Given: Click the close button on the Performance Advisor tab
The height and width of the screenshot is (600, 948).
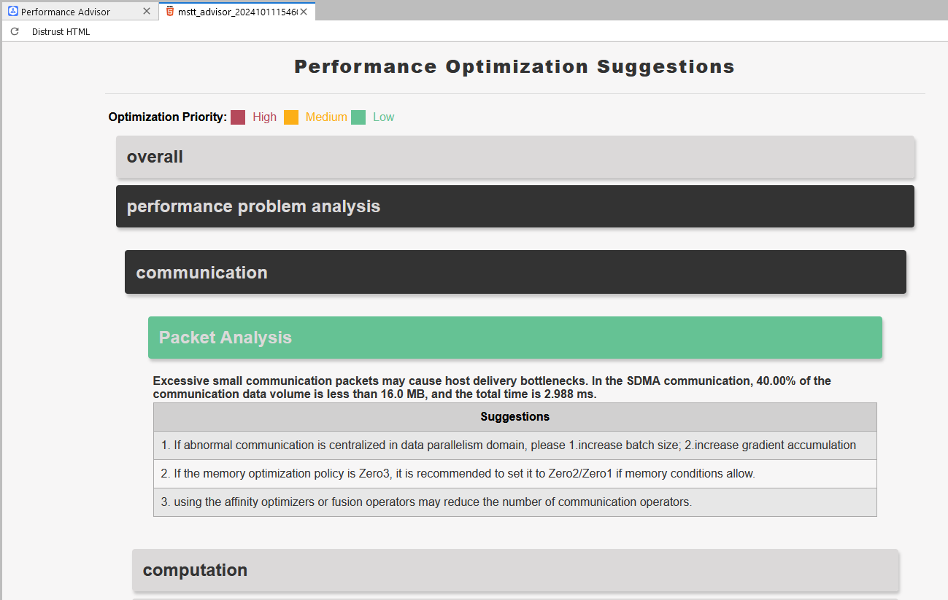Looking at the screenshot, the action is (147, 12).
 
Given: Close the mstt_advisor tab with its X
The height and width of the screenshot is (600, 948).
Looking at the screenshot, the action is (304, 12).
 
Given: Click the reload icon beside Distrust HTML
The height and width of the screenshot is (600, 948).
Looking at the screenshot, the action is (15, 31).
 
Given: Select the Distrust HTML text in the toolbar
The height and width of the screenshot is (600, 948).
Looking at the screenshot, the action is (61, 31).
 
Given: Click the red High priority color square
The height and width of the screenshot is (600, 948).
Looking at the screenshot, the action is (238, 117).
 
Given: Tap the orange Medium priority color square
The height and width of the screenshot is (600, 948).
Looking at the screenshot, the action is (291, 117).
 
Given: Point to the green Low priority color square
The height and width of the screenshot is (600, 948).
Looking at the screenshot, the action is (358, 117).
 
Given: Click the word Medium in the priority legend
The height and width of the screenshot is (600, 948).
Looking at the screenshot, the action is (326, 117).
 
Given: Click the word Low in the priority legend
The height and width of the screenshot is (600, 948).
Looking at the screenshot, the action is (383, 117).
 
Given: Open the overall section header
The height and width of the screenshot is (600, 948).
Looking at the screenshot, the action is (515, 157).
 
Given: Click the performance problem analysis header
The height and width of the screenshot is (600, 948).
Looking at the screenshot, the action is (515, 206).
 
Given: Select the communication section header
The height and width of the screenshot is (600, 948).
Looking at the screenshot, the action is (515, 272).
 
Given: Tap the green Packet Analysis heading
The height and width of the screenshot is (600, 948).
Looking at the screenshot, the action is (515, 338).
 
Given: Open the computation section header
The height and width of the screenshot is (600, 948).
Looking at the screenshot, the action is (515, 570).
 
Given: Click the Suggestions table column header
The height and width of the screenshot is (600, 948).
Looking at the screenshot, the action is (515, 417).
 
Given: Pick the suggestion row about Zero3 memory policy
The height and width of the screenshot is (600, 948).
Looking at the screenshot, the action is (515, 474).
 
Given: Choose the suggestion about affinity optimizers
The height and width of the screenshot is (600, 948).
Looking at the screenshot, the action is (515, 502).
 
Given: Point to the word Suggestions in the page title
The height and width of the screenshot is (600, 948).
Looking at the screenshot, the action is (666, 67).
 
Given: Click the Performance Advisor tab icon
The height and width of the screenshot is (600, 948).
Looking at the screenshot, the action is (13, 12).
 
